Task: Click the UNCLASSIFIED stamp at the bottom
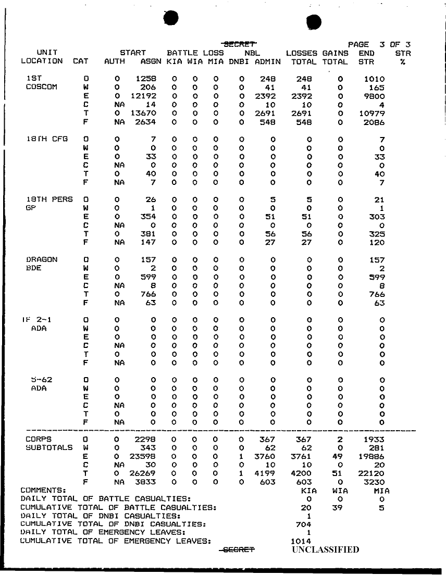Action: tap(326, 549)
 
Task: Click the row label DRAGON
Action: tap(42, 259)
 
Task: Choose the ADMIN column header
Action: tap(267, 61)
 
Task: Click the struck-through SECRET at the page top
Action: tap(241, 44)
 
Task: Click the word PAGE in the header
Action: tap(358, 44)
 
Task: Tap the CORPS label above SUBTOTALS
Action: tap(38, 439)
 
